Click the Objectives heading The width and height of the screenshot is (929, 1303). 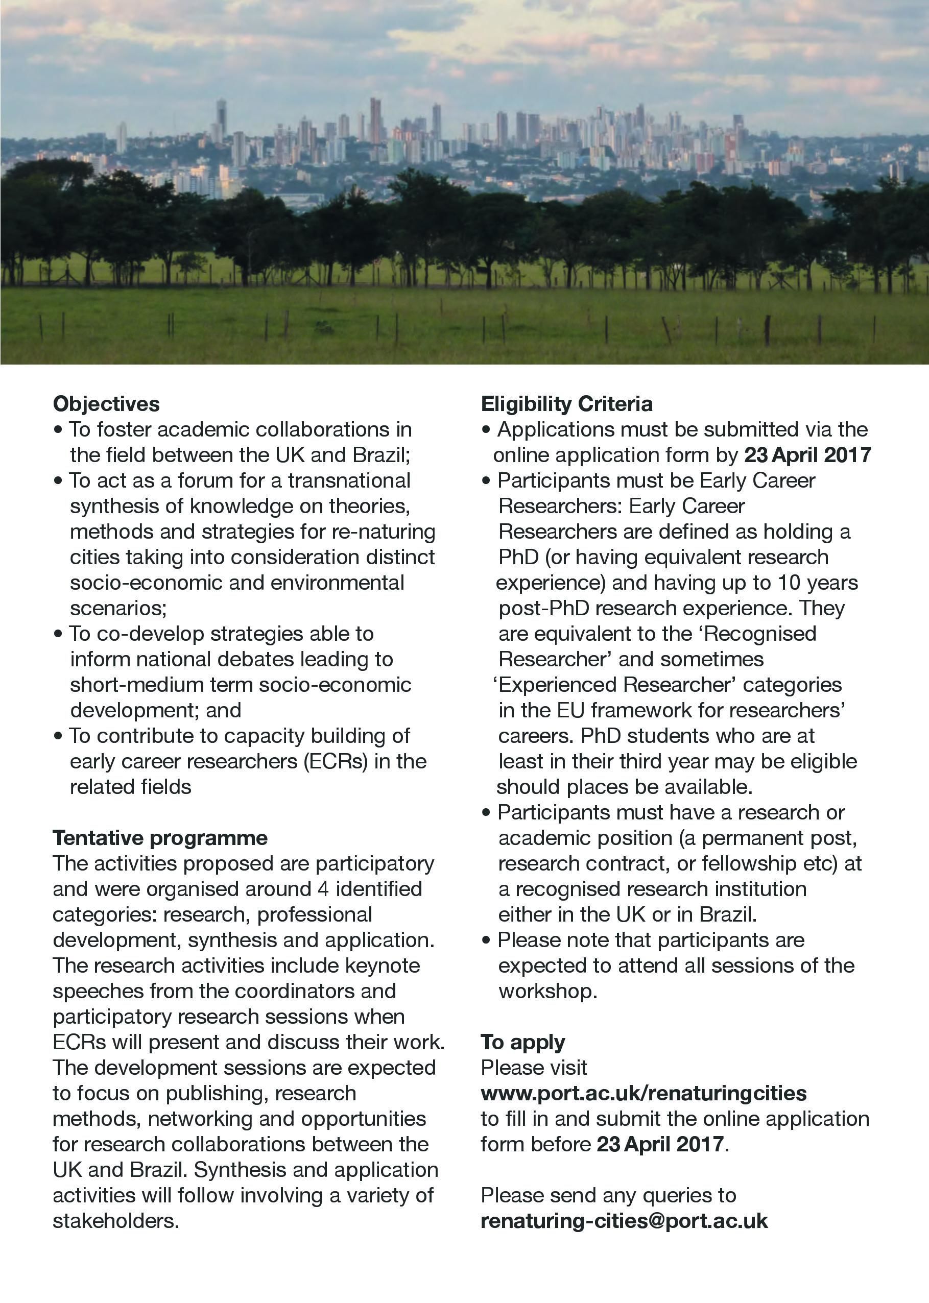click(106, 404)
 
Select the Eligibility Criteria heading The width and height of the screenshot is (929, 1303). click(566, 404)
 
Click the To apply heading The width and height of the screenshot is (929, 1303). click(522, 1042)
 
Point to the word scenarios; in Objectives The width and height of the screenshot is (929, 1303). click(118, 608)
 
